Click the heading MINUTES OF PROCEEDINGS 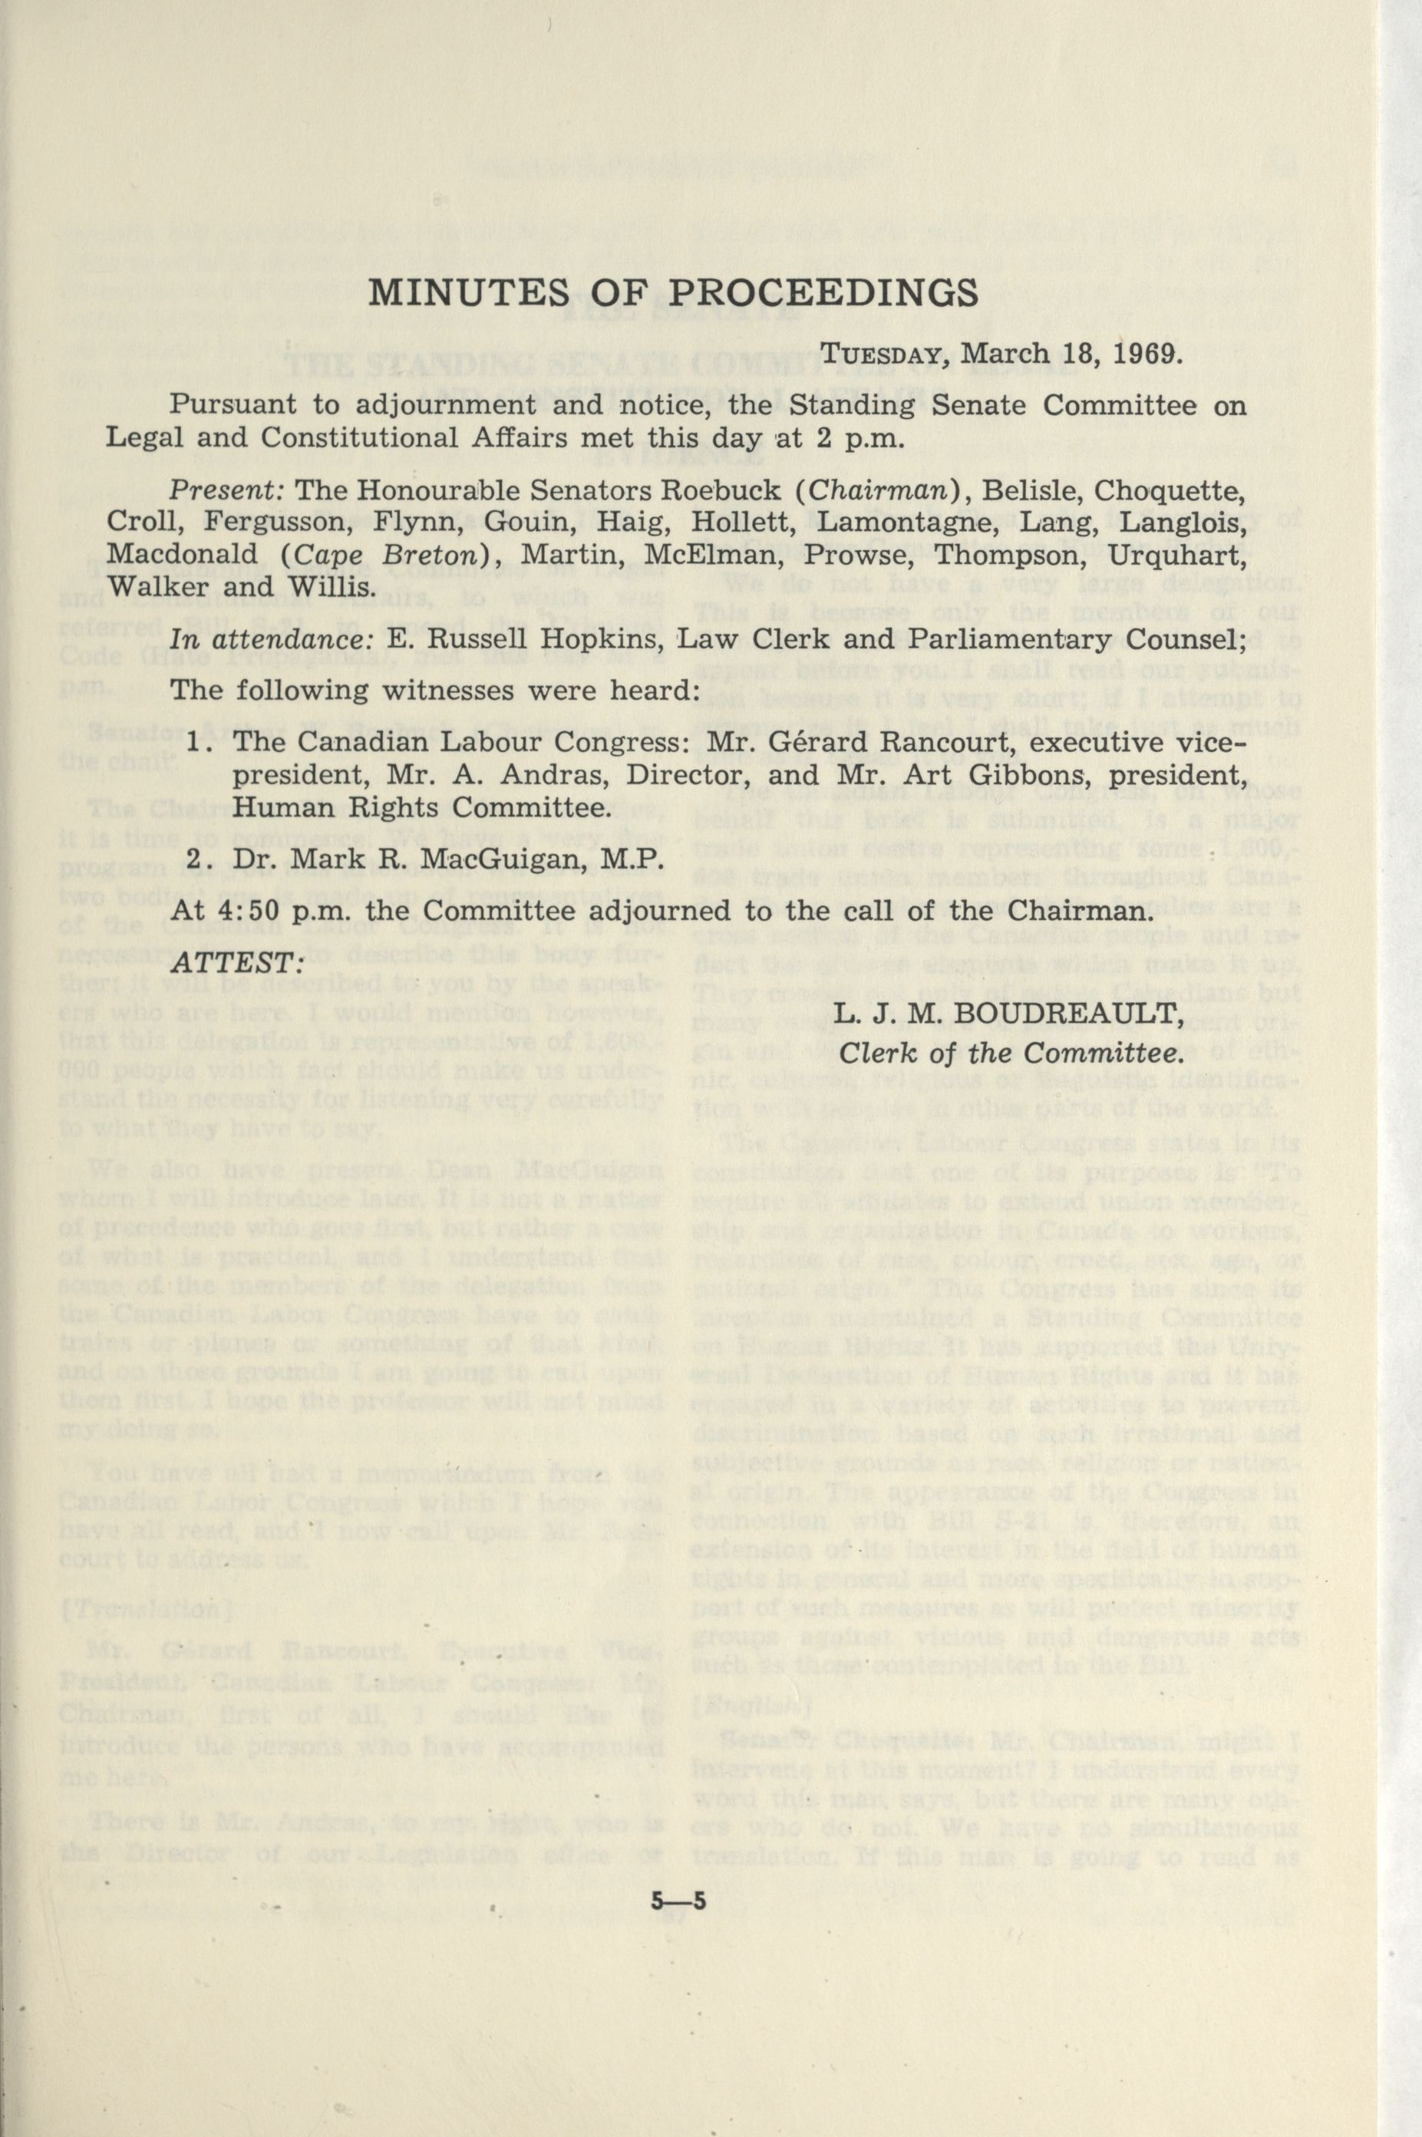(675, 294)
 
